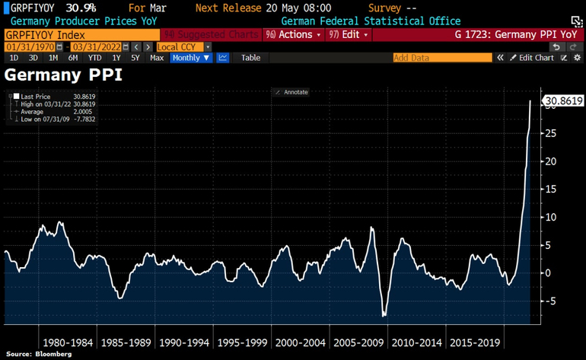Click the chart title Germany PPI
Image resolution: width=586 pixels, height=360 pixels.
point(62,75)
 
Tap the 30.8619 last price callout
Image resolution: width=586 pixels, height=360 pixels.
point(562,100)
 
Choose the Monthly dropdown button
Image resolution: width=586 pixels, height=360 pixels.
point(190,58)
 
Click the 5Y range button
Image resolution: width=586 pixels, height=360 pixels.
point(135,58)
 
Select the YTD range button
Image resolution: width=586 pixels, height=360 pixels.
point(94,58)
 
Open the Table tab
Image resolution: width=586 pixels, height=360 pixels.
point(250,58)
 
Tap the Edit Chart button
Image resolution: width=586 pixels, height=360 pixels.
point(533,58)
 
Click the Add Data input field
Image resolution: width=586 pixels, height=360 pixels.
point(441,58)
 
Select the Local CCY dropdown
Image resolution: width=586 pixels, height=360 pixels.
point(180,46)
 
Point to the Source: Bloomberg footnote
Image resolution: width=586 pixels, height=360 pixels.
point(39,354)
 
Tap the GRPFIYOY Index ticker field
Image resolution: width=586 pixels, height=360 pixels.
point(81,35)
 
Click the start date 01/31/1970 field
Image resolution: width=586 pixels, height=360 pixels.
point(35,46)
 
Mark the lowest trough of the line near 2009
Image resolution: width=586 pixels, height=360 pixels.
point(384,315)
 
